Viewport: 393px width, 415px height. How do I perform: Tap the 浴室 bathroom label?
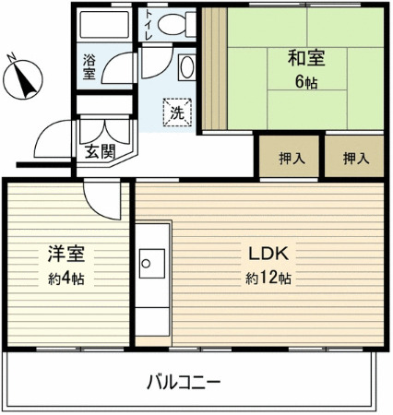click(89, 66)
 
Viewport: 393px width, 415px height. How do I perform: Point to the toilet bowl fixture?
click(171, 25)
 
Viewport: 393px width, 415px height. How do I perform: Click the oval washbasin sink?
click(185, 67)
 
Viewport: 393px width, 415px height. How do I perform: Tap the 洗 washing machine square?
click(175, 113)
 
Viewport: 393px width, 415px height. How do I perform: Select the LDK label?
click(268, 252)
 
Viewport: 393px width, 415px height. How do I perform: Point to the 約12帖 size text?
click(268, 277)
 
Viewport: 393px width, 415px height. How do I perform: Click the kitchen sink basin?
click(149, 267)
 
